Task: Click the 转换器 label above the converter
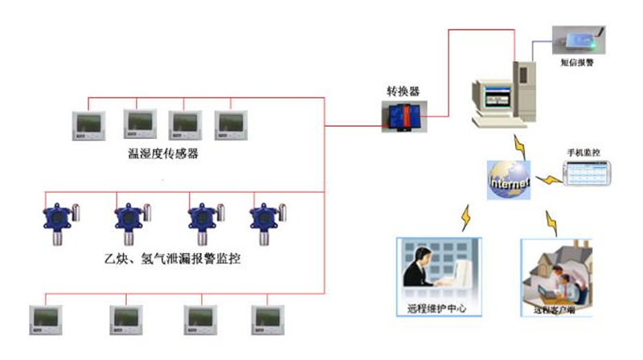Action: coord(404,91)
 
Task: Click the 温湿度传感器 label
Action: coord(163,153)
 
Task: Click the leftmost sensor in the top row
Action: coord(88,124)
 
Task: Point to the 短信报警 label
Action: coord(578,62)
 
